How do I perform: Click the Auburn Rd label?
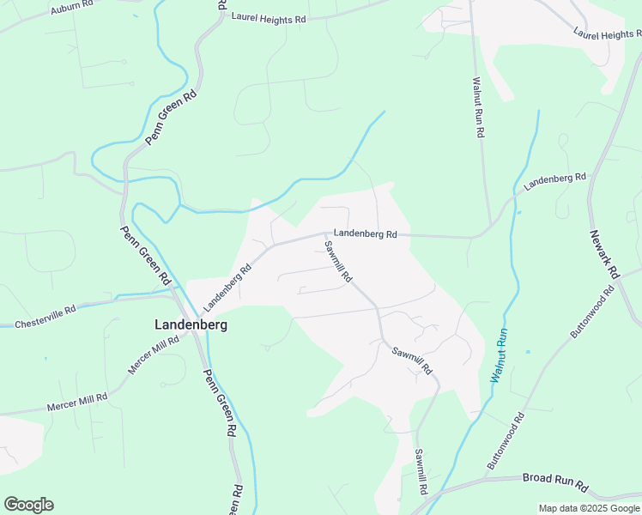(70, 9)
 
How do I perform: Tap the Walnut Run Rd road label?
(479, 108)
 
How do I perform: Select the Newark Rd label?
(604, 253)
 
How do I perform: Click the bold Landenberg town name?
(185, 324)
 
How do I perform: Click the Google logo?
(28, 505)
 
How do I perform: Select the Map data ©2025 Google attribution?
(589, 508)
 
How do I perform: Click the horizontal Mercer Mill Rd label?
(76, 399)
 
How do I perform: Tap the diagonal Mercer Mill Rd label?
(154, 354)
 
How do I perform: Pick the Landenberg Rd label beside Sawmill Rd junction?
(366, 233)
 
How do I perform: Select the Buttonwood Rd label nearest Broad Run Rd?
(506, 441)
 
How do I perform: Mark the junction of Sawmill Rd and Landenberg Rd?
(324, 233)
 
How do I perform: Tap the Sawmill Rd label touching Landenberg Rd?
(338, 262)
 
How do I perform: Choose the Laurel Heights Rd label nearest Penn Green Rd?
(269, 17)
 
